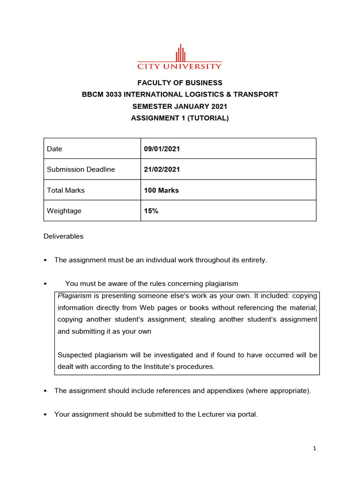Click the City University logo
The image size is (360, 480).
180,57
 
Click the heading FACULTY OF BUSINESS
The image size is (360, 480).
180,83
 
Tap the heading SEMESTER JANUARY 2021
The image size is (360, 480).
180,106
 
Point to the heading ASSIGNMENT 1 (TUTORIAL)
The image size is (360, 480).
180,118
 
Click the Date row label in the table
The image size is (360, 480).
54,149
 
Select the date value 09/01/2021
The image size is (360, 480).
162,149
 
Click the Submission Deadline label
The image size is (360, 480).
81,169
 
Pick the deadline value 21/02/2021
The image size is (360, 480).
162,169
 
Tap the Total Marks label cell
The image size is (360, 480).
66,190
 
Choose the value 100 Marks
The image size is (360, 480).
161,190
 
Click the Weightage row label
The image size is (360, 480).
64,211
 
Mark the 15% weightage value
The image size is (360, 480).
151,211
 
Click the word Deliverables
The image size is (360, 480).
63,236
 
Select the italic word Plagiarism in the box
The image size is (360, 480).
74,296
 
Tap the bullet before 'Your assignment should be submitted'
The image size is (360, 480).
45,414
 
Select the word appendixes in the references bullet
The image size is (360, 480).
223,390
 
